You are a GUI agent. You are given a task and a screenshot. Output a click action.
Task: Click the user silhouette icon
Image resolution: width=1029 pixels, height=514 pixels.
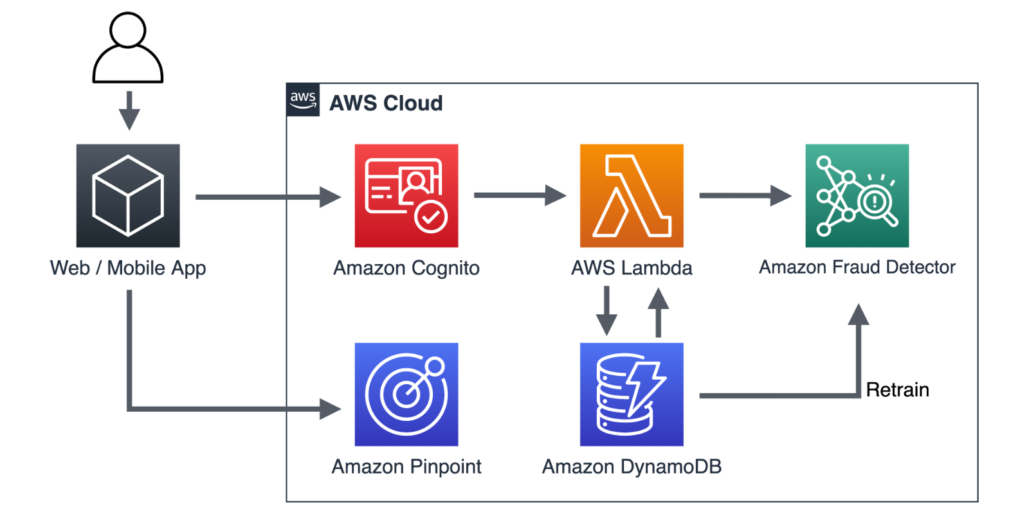(127, 49)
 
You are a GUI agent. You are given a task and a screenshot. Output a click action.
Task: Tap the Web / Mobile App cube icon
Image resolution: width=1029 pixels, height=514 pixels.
(128, 195)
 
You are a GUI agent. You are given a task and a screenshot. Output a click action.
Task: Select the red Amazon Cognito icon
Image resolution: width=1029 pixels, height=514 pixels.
(406, 195)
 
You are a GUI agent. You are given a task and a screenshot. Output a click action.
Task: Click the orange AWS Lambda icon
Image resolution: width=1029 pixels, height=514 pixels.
(632, 195)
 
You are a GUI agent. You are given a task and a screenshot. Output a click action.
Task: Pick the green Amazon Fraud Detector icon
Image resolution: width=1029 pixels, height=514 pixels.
(857, 195)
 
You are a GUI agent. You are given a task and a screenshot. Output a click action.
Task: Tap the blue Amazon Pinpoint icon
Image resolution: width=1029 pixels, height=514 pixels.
(406, 394)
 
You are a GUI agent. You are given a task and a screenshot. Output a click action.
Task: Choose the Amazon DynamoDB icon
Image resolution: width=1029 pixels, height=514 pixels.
(632, 394)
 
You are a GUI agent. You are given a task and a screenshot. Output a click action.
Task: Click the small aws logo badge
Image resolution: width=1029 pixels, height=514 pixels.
(303, 100)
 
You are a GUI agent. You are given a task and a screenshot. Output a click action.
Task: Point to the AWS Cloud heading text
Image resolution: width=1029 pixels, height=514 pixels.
(386, 103)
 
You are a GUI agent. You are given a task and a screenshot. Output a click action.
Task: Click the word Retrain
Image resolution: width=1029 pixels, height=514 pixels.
(897, 390)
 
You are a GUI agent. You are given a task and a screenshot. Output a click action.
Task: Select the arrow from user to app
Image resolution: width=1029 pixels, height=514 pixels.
(129, 111)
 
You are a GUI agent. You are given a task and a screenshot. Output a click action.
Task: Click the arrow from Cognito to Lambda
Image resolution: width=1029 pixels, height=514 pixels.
(520, 195)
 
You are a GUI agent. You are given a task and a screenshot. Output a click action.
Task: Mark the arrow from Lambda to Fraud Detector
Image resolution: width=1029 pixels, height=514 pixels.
(745, 195)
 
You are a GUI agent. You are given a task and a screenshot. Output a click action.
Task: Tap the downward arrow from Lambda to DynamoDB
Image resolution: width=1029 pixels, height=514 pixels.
(606, 311)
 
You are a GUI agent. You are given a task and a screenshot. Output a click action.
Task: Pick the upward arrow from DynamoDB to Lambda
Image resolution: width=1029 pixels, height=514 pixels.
(658, 312)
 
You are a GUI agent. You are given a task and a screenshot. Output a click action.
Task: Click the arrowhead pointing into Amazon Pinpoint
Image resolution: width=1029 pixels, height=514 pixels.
(330, 409)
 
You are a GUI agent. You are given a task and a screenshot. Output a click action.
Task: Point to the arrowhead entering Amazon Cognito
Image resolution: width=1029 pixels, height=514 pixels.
(330, 197)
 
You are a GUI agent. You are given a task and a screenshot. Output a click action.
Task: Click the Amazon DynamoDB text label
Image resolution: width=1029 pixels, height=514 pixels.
(632, 467)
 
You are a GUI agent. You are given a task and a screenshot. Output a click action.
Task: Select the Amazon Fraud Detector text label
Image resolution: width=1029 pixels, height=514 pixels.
(857, 267)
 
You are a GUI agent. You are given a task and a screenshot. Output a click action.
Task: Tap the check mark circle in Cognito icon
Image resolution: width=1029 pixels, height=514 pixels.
(431, 217)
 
